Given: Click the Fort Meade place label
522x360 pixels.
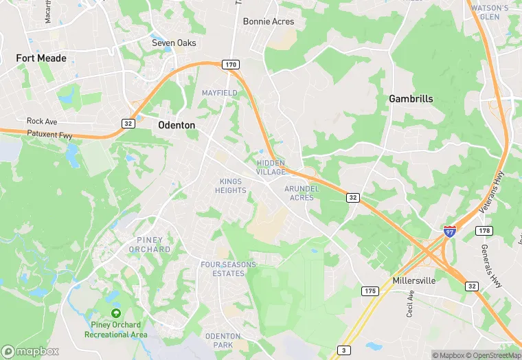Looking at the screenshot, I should (41, 58).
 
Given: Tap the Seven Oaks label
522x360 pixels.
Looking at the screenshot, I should (174, 43).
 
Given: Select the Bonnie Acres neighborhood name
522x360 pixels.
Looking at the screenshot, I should (269, 21).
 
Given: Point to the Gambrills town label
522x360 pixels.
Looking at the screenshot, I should (411, 98).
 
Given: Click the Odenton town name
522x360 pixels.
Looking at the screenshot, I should (177, 125).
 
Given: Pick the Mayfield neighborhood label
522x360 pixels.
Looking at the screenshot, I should (219, 93).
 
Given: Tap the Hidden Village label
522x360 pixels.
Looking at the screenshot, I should (271, 167).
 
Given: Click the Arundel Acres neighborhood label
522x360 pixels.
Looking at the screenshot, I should (302, 192).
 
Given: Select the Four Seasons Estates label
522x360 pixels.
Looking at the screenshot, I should (228, 269).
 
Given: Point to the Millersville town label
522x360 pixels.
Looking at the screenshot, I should (416, 281).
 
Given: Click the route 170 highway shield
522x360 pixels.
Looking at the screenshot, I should (230, 65).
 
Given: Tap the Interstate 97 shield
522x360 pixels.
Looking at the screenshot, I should (449, 232).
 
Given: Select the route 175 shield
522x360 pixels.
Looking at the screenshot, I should (370, 291).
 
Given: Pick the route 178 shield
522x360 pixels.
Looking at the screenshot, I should (483, 231).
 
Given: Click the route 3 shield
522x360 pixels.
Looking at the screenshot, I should (343, 350).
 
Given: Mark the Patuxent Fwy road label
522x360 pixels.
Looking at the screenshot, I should (49, 135).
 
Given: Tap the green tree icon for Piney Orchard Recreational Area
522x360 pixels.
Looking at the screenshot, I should (115, 313).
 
